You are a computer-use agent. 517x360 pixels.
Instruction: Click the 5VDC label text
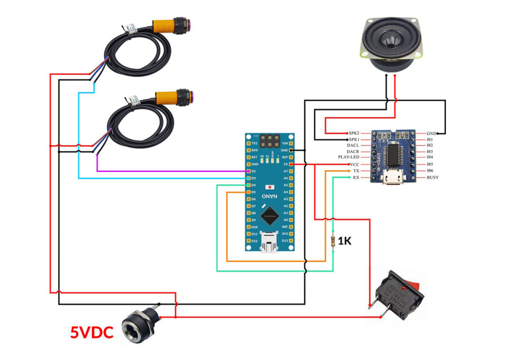coord(91,332)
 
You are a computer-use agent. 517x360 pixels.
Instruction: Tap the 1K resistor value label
coord(345,241)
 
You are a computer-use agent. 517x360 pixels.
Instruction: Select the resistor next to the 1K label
coord(333,241)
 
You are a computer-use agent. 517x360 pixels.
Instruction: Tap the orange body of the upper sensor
coord(167,25)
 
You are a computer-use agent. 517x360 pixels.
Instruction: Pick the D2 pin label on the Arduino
coord(254,172)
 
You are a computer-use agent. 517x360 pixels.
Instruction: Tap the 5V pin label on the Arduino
coord(286,165)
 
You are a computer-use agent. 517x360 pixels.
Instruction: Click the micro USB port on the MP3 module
coord(391,177)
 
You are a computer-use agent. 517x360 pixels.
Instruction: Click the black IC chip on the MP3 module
coord(392,151)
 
